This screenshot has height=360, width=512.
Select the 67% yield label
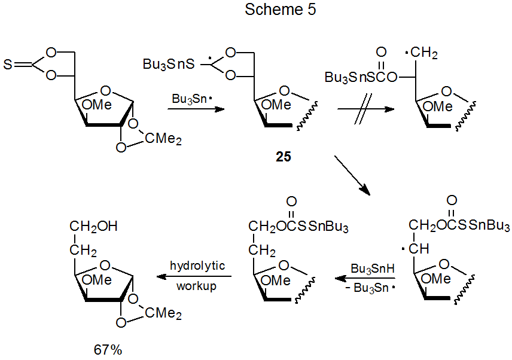pyautogui.click(x=108, y=349)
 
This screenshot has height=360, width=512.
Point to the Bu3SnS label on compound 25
pyautogui.click(x=167, y=64)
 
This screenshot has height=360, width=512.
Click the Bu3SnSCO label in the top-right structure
pyautogui.click(x=361, y=77)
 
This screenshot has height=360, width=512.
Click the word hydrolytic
pyautogui.click(x=197, y=266)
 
